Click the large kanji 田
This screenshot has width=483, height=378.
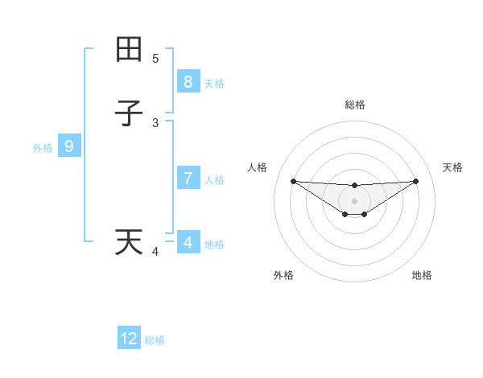(x=129, y=49)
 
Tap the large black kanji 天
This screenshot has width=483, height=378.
(x=129, y=242)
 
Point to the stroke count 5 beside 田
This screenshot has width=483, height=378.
(x=155, y=59)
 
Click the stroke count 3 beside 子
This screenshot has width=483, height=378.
(x=155, y=123)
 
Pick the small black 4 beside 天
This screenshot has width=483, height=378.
(x=155, y=253)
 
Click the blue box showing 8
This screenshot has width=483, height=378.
(x=188, y=81)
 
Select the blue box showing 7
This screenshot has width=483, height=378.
(x=188, y=178)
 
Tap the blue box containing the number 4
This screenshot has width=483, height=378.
(x=188, y=242)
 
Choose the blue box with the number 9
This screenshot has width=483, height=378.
(x=69, y=146)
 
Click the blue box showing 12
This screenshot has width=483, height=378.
(x=129, y=339)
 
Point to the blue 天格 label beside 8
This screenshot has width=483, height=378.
(x=214, y=83)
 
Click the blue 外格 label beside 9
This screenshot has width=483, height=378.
(x=43, y=148)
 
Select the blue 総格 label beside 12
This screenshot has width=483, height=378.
(x=155, y=340)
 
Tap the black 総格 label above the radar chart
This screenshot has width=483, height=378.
(x=354, y=105)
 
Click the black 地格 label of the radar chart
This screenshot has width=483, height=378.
(x=422, y=275)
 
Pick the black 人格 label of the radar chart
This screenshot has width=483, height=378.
(x=258, y=167)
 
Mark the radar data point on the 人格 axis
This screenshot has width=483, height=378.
(x=293, y=181)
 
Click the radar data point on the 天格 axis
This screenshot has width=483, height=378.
(x=415, y=181)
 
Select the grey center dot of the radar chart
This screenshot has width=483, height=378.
(x=354, y=201)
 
